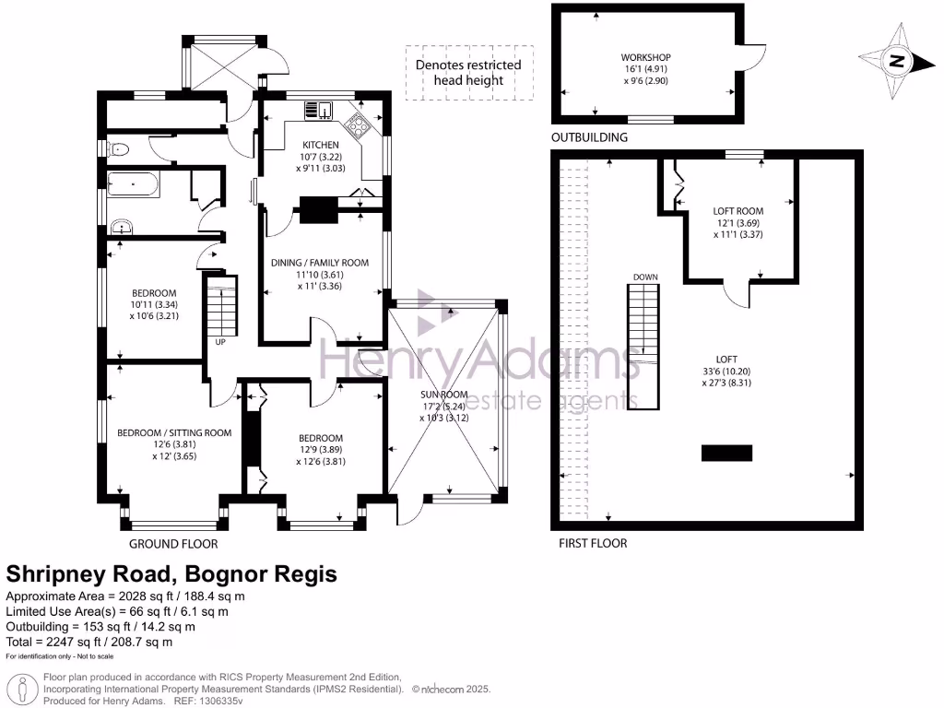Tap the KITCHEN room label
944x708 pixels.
[x=321, y=145]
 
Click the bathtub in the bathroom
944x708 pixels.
[x=135, y=185]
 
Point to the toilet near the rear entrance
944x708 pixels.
[x=117, y=148]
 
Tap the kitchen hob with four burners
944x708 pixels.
[x=357, y=124]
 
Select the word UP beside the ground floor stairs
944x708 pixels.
[x=220, y=342]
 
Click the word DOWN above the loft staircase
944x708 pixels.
[x=644, y=277]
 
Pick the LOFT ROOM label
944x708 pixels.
[x=737, y=211]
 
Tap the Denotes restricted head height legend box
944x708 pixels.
[x=468, y=73]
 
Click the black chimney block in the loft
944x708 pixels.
[x=726, y=452]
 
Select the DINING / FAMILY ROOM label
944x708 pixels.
[x=319, y=263]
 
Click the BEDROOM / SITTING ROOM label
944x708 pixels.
[x=173, y=432]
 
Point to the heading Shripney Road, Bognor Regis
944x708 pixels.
[x=171, y=573]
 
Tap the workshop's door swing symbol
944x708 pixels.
[x=756, y=57]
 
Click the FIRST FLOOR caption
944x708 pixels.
[x=592, y=543]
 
